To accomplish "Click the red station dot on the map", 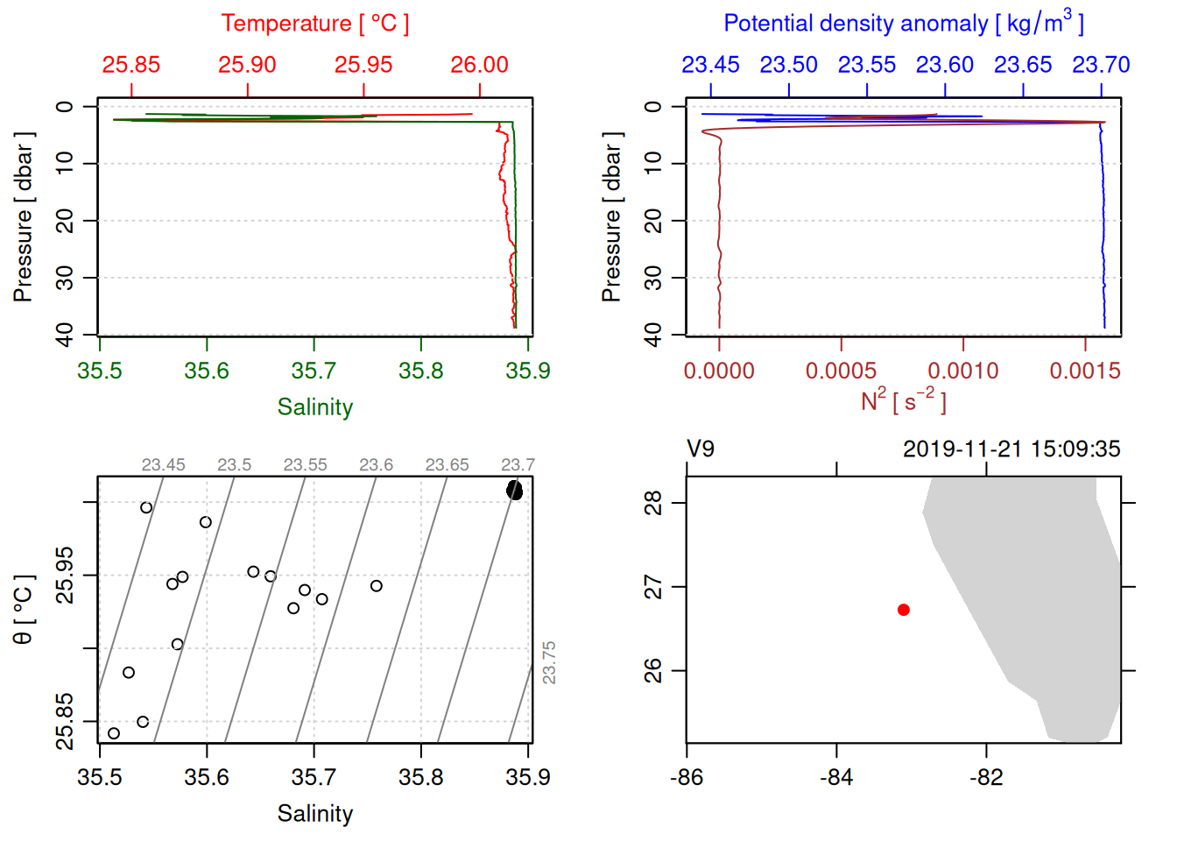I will coord(904,610).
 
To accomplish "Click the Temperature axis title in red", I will coord(314,24).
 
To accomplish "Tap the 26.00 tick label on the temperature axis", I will coord(479,65).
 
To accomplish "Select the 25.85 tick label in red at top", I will coord(131,65).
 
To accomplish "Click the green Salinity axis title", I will coord(314,407).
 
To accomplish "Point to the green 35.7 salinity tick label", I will coord(314,371).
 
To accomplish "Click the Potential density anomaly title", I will coord(903,24).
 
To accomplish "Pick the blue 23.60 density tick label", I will coord(944,65).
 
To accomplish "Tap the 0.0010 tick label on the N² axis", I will coord(963,371).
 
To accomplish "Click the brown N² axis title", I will coord(903,401).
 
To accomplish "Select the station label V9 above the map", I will coord(701,449).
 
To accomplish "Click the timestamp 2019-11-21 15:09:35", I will coord(1011,449).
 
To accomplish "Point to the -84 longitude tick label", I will coord(836,777).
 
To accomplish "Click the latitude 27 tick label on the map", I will coord(653,587).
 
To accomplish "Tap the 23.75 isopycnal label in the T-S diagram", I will coord(549,662).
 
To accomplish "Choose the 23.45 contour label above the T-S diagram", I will coord(163,465).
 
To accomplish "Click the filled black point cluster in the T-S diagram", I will coord(514,491).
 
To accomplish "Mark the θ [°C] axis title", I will coord(24,610).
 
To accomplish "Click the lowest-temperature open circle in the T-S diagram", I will coord(114,733).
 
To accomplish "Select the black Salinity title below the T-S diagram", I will coord(314,814).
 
